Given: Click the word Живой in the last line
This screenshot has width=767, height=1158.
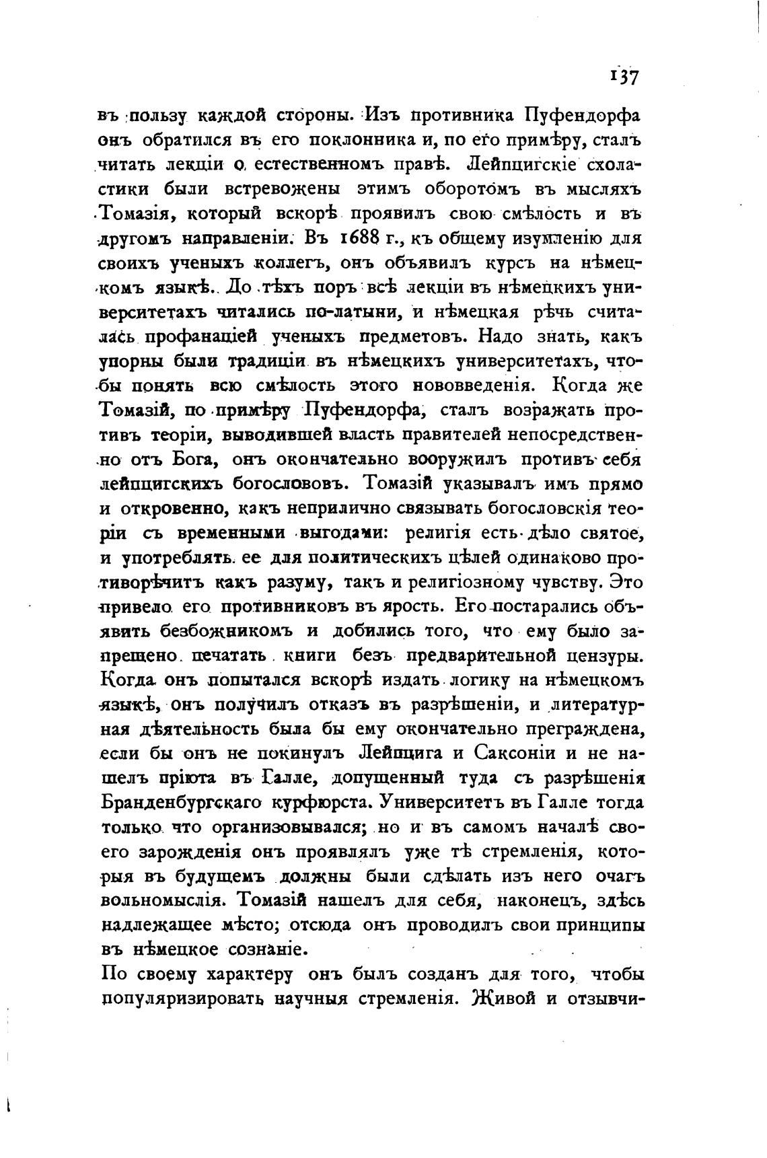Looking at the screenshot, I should pos(501,999).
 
